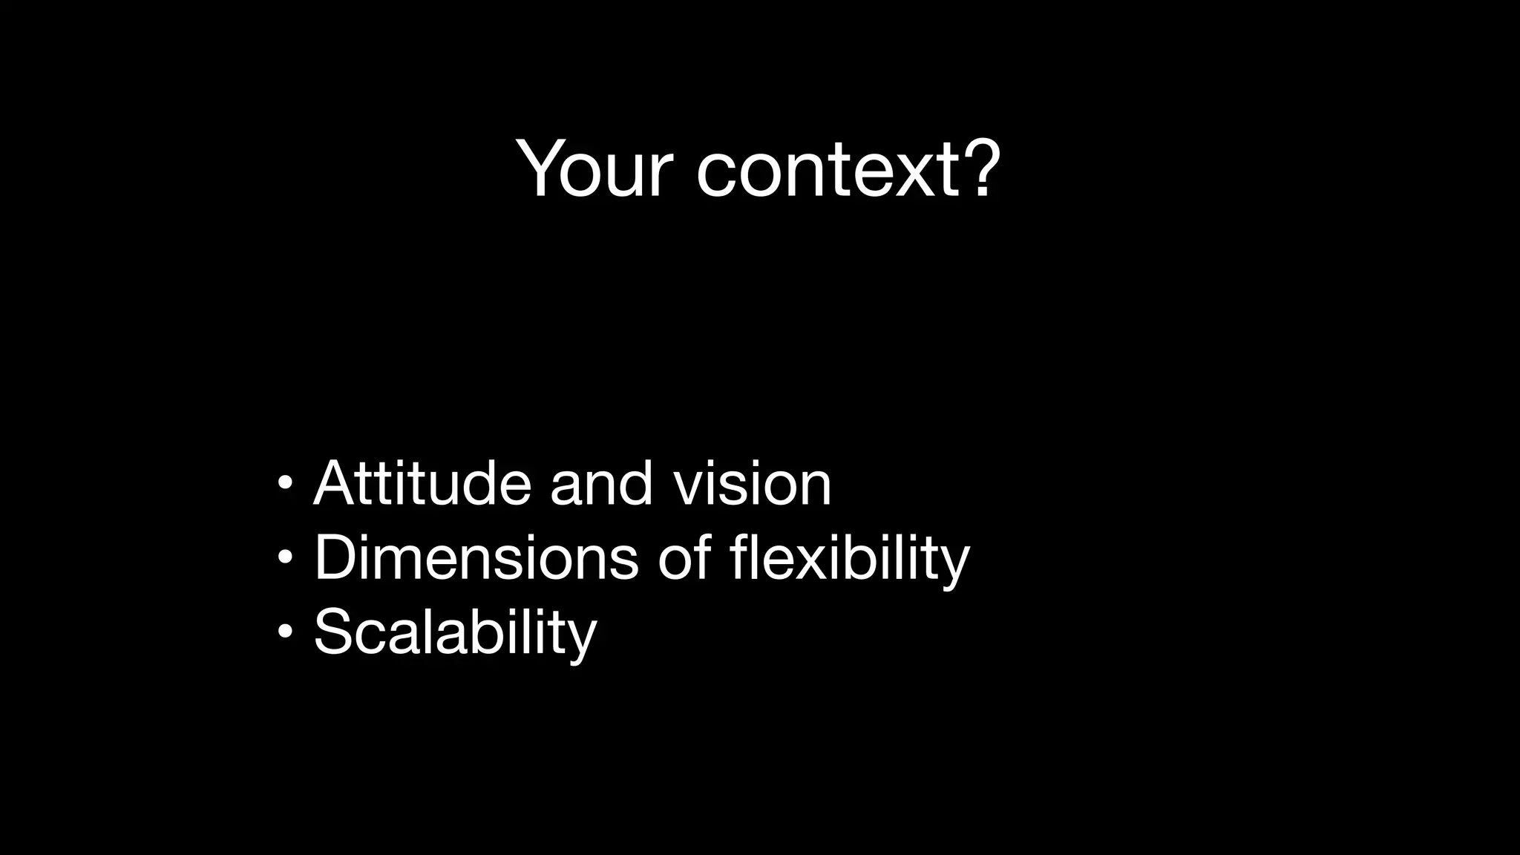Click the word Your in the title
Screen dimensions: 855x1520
point(594,169)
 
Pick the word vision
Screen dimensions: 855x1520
point(752,483)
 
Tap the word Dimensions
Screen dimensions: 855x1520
point(476,557)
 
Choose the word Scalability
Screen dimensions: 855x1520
point(455,632)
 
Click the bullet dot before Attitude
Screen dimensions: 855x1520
point(285,484)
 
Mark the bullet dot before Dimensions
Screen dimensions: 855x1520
point(285,557)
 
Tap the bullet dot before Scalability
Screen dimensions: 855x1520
point(285,632)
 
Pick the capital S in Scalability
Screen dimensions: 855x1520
point(335,632)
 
